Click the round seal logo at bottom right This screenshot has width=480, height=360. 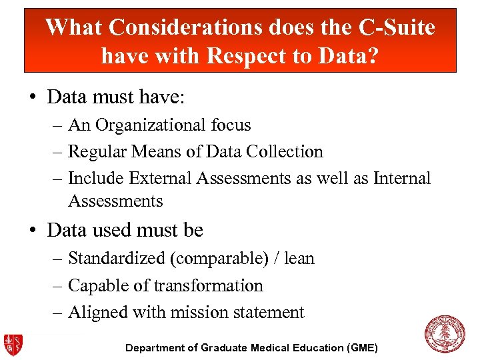tap(445, 335)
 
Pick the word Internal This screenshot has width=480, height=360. tap(402, 179)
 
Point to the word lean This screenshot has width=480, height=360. tap(299, 259)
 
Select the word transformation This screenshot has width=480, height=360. tap(208, 286)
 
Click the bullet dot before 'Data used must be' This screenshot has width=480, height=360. tap(33, 231)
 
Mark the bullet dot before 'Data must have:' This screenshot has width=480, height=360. tap(33, 98)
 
